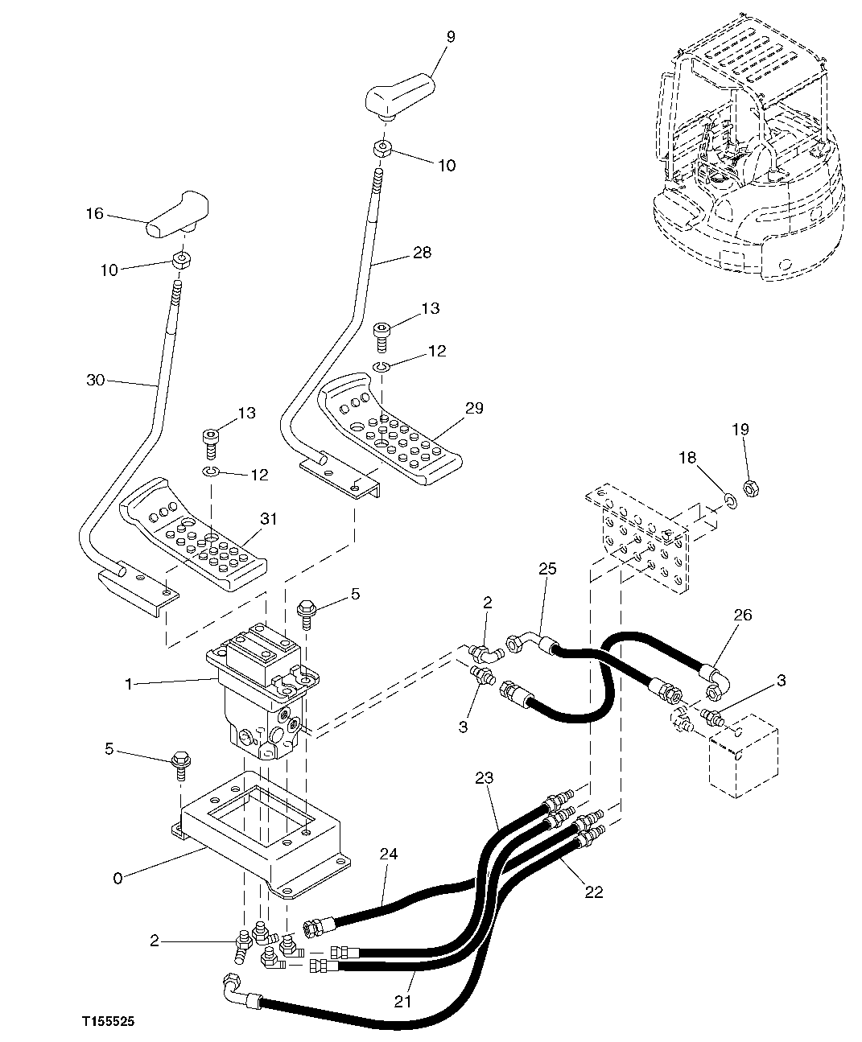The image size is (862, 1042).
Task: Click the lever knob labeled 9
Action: click(x=398, y=95)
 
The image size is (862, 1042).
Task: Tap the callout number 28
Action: click(x=421, y=253)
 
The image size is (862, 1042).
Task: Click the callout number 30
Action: click(x=95, y=380)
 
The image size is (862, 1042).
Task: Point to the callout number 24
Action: click(x=389, y=854)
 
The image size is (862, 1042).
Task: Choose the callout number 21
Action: click(x=403, y=1001)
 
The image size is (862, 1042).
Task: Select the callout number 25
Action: click(x=547, y=569)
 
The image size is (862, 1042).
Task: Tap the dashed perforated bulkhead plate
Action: click(x=640, y=539)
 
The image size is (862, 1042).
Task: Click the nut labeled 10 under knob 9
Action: click(x=382, y=149)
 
